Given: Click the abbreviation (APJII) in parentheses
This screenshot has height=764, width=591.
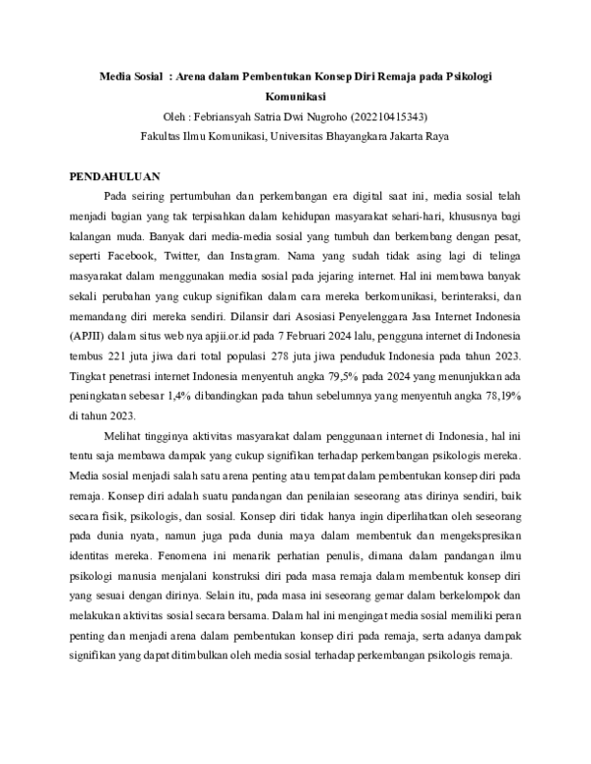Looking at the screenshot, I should click(86, 336).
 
